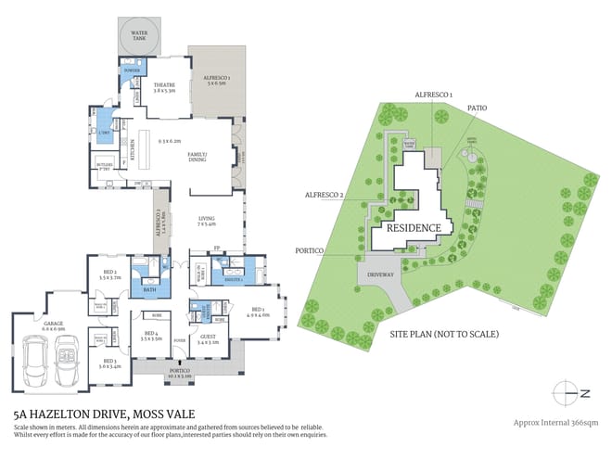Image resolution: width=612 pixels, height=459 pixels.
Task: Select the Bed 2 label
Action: coord(109,274)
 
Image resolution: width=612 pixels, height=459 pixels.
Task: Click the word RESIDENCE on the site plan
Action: coord(414,227)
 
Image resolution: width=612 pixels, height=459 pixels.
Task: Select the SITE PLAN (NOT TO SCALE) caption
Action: coord(444,333)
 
